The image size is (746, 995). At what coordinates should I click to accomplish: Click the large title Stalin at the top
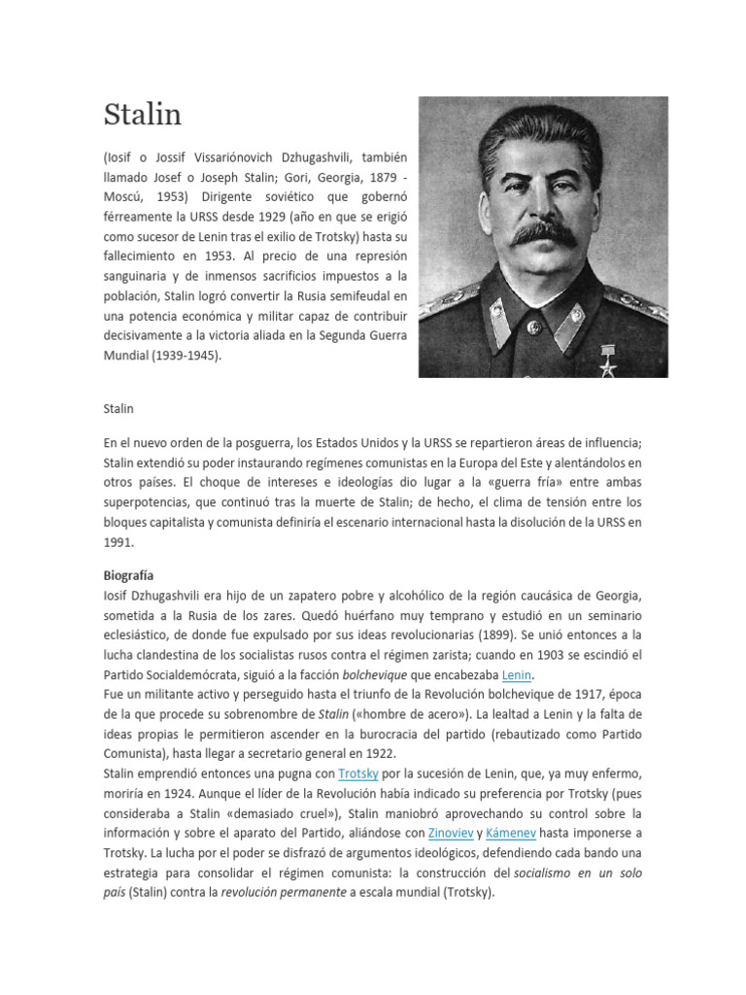coord(142,115)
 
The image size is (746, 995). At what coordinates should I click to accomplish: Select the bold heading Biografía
coord(128,575)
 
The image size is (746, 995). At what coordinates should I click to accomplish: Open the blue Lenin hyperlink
coord(518,674)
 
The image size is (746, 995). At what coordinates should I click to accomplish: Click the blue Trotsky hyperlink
coord(357,773)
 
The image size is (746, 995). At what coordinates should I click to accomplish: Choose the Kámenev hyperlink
coord(515,834)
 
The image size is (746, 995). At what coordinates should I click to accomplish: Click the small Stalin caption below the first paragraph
coord(119,409)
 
